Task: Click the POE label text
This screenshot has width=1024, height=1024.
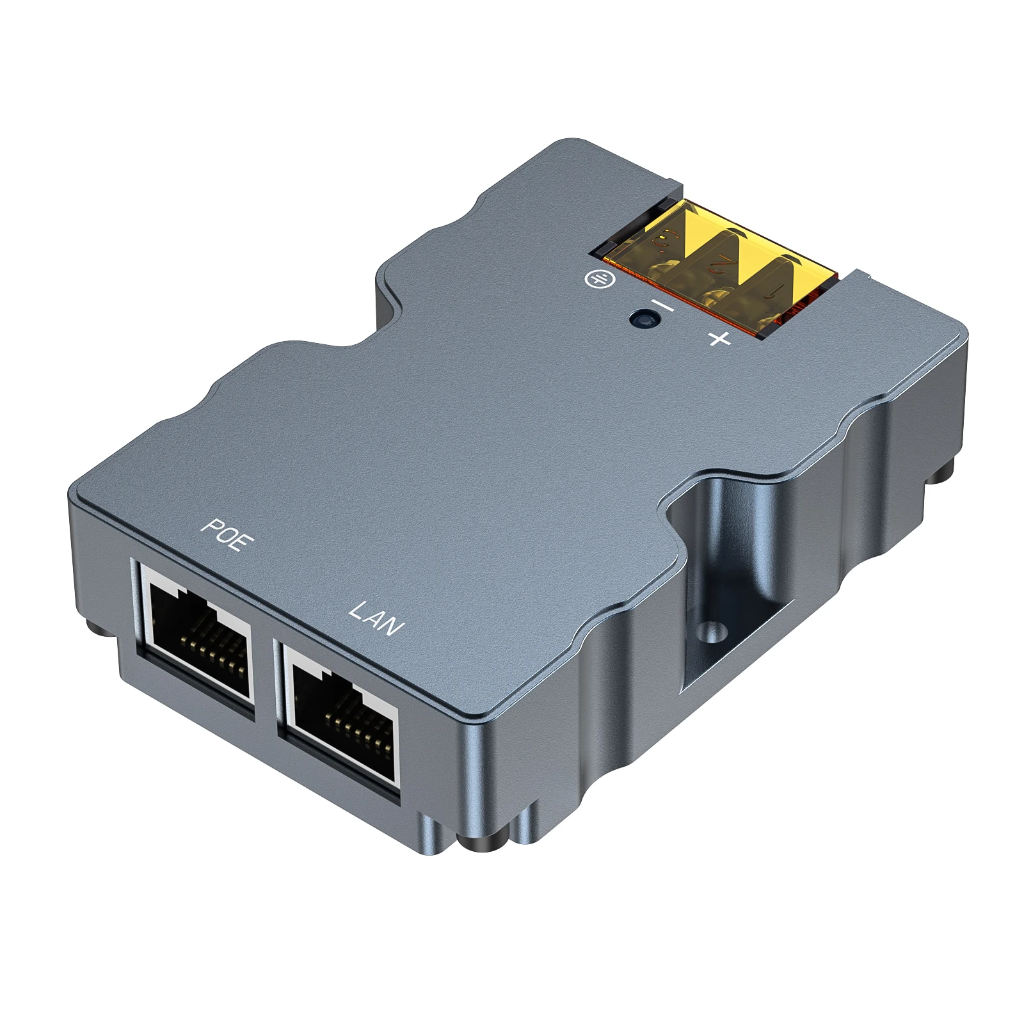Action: (x=228, y=534)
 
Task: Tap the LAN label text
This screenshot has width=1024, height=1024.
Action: (x=376, y=618)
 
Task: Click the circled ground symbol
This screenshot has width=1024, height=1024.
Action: (x=600, y=278)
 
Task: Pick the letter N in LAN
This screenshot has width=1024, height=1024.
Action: (x=394, y=627)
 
